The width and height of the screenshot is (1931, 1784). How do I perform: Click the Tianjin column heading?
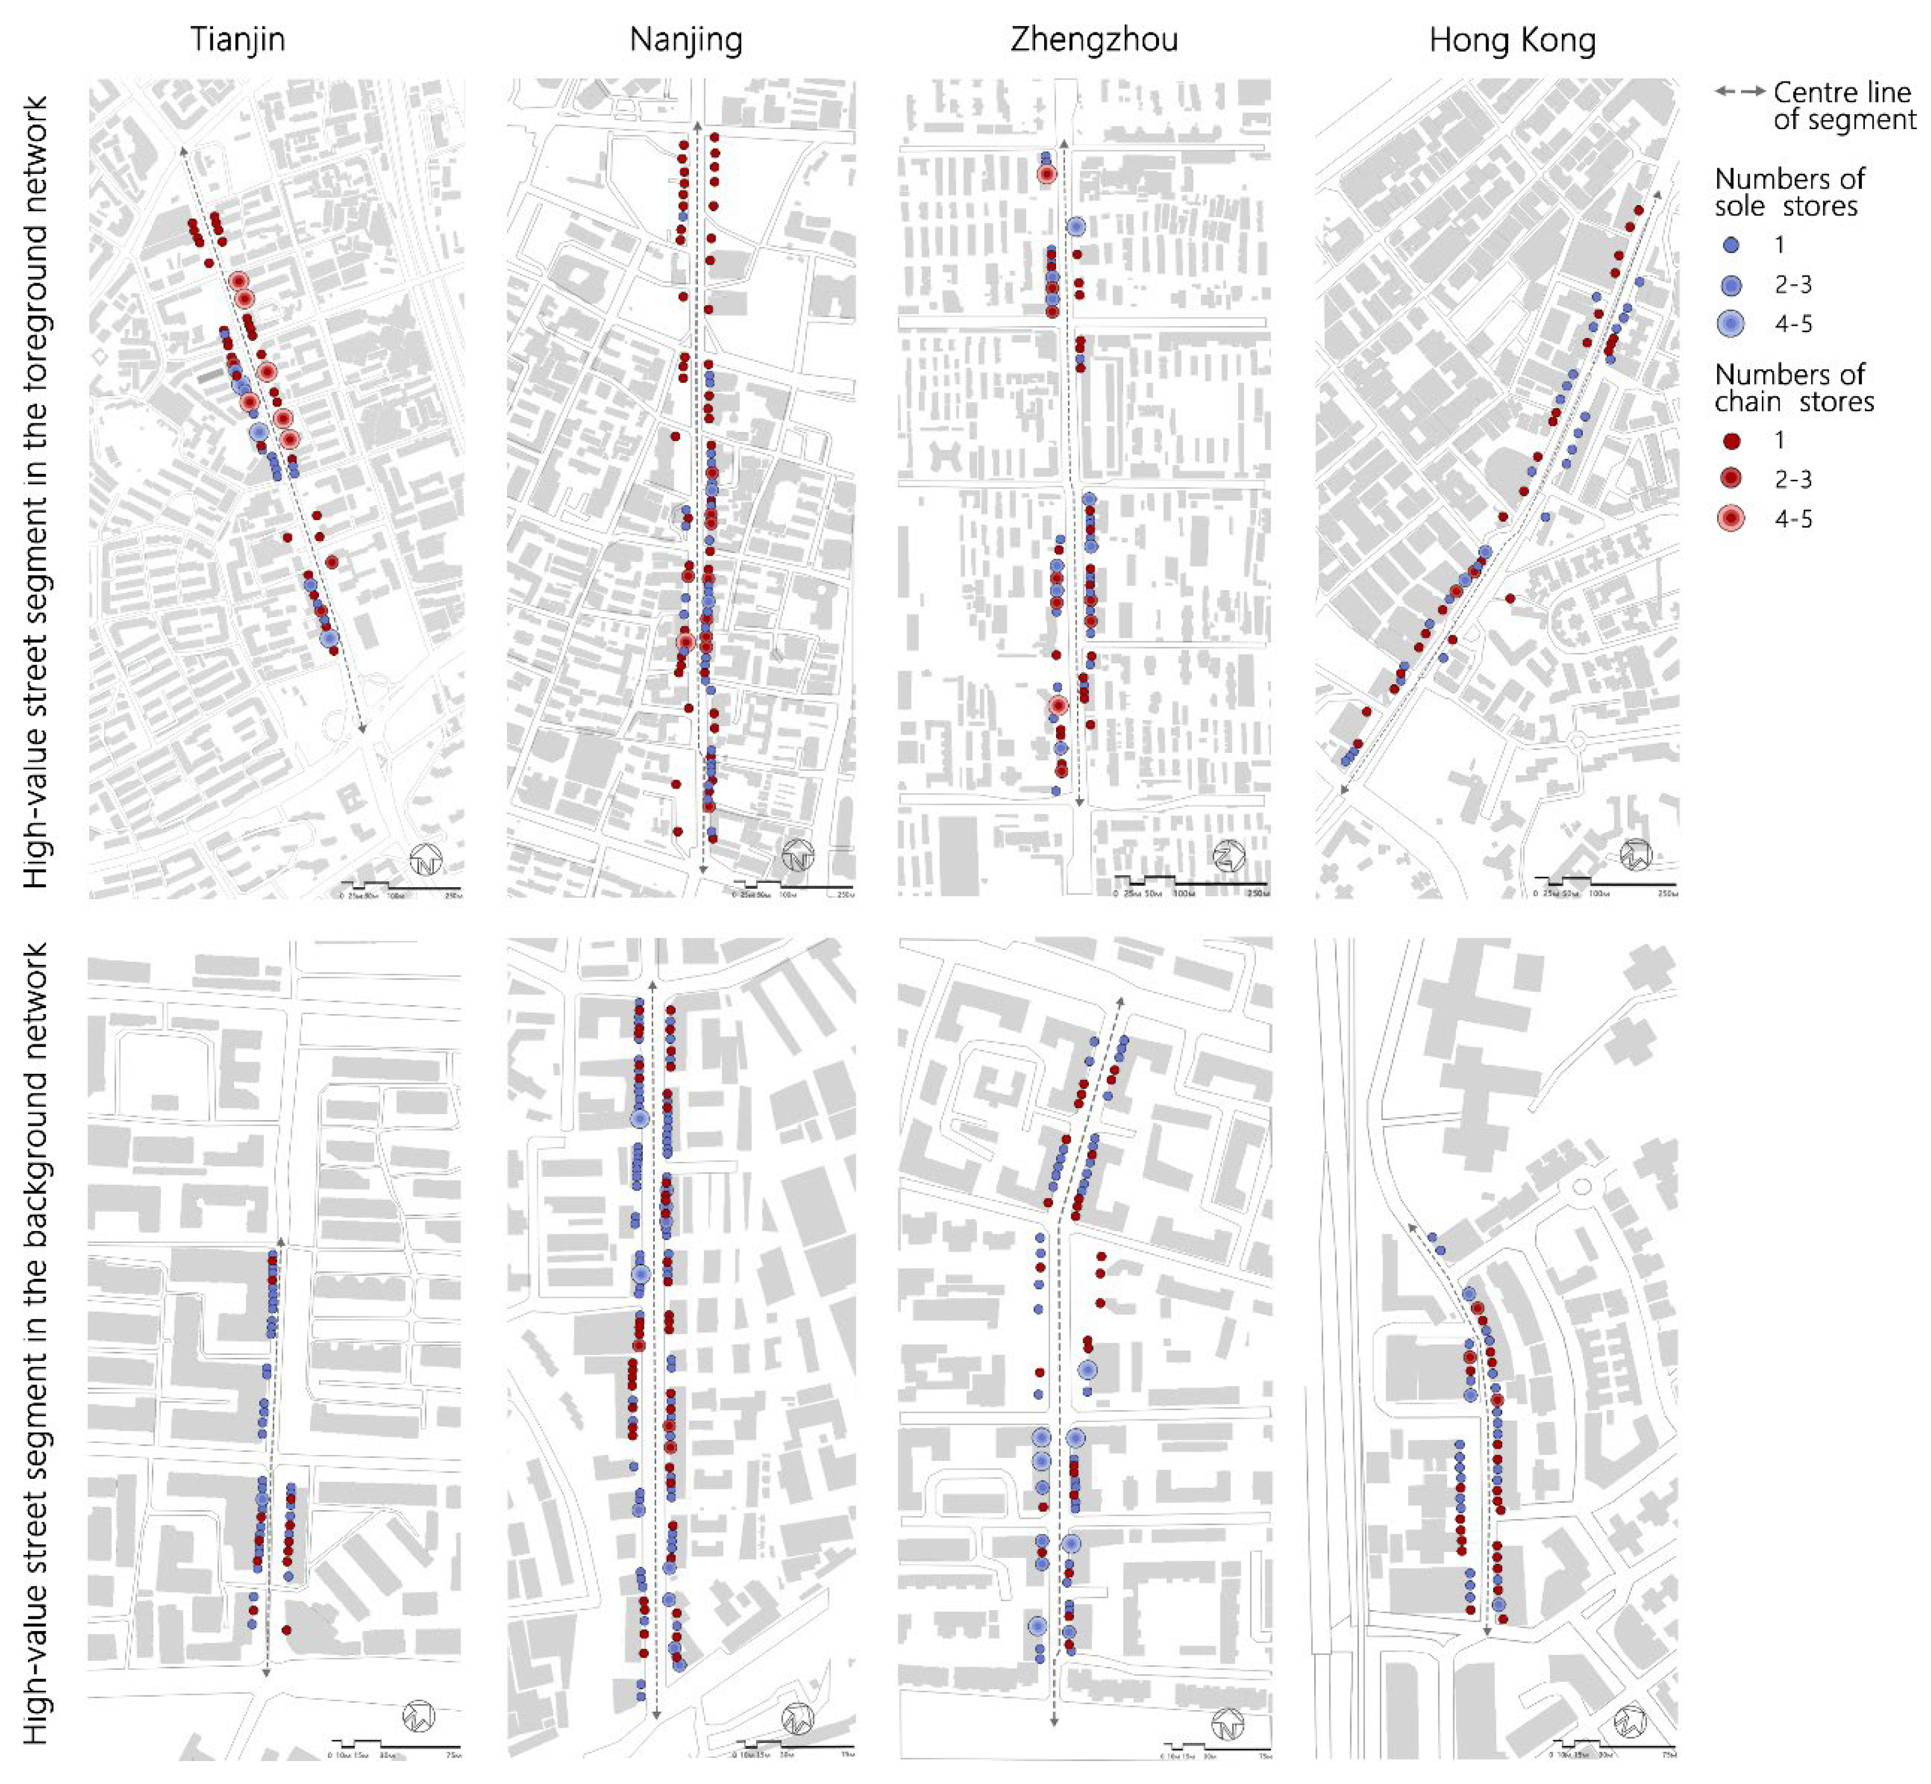tap(237, 40)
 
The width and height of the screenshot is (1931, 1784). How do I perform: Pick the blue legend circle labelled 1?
tap(1730, 245)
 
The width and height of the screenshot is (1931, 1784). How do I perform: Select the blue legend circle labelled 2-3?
tap(1730, 285)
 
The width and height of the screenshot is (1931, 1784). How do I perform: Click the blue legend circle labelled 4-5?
tap(1730, 324)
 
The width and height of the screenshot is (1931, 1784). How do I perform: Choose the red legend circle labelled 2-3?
tap(1730, 480)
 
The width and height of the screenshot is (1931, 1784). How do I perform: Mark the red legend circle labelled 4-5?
tap(1730, 519)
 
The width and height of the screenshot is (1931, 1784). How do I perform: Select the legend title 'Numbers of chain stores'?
tap(1793, 388)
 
